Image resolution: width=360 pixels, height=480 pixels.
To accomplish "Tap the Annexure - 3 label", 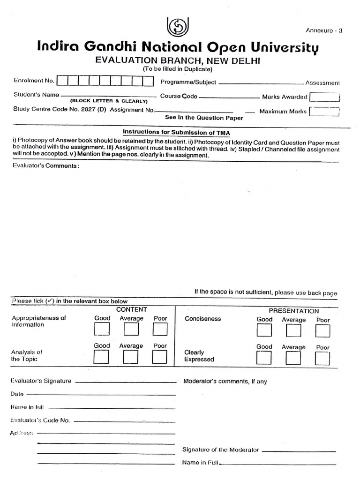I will (324, 31).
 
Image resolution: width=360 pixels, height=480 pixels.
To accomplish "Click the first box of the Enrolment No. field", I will (62, 81).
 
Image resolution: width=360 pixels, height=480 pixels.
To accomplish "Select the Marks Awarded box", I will (324, 97).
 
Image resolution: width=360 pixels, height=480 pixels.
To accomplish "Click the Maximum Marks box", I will (324, 112).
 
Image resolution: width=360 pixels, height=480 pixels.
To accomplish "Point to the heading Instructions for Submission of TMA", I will (176, 132).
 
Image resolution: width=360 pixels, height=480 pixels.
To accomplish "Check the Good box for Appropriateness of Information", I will (102, 330).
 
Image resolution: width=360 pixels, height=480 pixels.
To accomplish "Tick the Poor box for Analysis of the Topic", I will (160, 358).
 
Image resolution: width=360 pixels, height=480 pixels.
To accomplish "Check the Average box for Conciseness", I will (293, 331).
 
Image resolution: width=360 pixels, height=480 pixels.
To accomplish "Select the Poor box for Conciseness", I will (322, 331).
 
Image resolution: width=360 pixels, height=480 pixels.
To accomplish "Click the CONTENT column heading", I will (132, 310).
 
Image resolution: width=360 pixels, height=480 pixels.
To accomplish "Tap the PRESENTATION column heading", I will (293, 311).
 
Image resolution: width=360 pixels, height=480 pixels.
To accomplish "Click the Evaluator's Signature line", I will (125, 382).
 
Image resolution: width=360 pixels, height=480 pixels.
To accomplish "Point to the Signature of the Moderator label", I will (220, 450).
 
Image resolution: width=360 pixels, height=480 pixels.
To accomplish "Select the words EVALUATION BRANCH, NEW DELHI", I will (178, 60).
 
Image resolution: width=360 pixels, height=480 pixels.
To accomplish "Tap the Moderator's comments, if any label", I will (225, 382).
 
